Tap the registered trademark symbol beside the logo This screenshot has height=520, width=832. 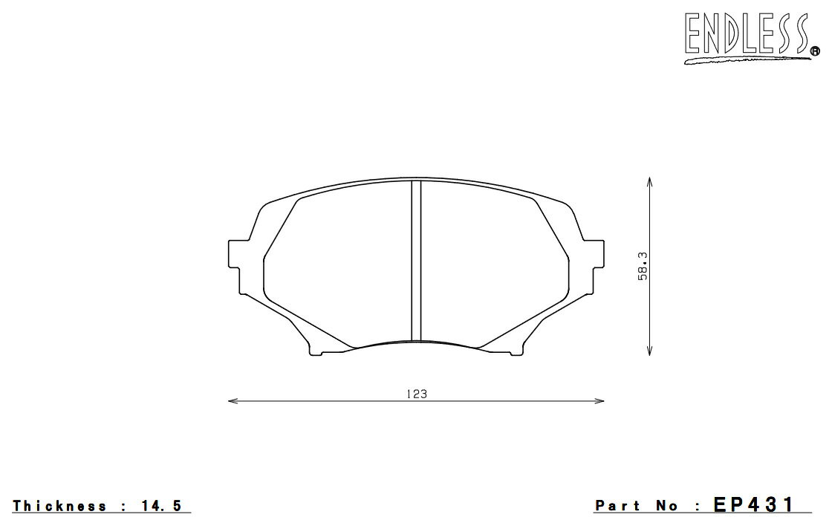point(814,51)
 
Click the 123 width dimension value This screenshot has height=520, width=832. point(417,394)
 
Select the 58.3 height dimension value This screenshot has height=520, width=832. point(643,267)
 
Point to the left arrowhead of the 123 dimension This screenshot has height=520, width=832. point(233,400)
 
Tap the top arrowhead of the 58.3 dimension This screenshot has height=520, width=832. point(649,182)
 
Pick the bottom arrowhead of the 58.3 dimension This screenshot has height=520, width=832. point(649,350)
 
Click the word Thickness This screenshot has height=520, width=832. point(59,506)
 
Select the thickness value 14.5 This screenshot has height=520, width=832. point(161,506)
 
